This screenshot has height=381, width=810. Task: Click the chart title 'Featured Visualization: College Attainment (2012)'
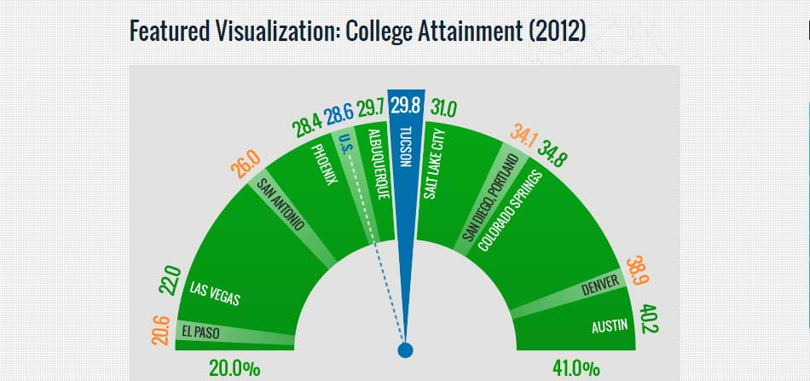coord(357,31)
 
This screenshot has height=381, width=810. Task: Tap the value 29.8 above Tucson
coord(407,106)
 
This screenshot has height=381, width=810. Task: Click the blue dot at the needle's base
coord(406,349)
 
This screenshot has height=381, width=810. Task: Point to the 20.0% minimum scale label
coord(234,369)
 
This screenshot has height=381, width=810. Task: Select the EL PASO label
coord(201,332)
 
